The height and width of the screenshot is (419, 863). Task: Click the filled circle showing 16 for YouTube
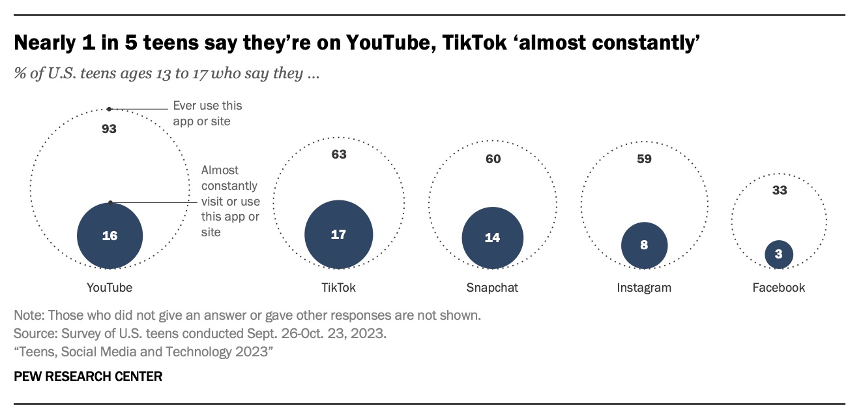[110, 236]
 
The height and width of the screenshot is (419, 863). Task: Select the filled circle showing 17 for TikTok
[338, 234]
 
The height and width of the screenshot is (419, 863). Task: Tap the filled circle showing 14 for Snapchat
[492, 238]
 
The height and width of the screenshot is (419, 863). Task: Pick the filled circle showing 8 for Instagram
[644, 245]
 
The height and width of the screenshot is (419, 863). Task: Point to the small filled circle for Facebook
[779, 254]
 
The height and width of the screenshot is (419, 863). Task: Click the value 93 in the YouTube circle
[109, 129]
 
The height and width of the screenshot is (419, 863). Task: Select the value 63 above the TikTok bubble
[339, 155]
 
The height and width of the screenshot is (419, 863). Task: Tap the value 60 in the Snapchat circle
[493, 159]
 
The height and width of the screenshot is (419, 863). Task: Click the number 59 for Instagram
[644, 159]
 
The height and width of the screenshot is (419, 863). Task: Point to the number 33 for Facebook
[780, 191]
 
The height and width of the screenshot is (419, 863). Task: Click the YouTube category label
[110, 287]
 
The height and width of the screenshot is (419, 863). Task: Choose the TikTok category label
[339, 287]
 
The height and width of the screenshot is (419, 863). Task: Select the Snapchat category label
[492, 287]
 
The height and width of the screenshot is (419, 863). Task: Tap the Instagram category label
[644, 287]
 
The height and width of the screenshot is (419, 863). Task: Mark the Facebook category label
[779, 287]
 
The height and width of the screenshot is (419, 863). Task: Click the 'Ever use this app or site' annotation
[207, 113]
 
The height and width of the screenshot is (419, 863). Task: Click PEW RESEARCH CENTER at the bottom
[88, 377]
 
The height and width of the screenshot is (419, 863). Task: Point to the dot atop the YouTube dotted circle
[109, 109]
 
